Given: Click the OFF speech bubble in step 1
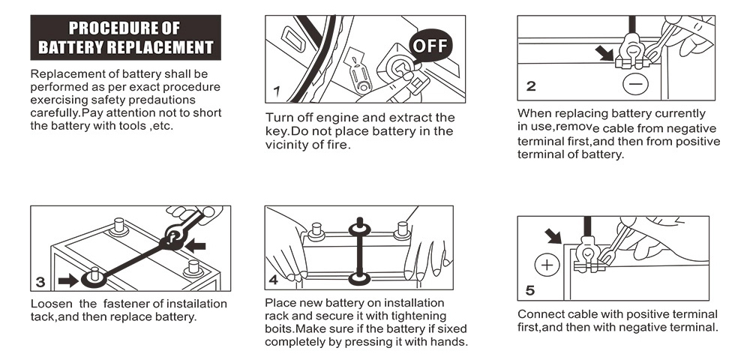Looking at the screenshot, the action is coord(430,47).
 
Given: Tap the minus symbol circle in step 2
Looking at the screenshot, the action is coord(635,84).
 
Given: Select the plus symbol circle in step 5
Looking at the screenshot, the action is coord(547,265).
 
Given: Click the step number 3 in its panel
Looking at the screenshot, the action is coord(40,282).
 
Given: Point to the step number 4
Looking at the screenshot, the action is coord(273,280).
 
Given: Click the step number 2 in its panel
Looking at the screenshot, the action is coord(531,86).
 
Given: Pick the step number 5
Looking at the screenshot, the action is coord(530,289).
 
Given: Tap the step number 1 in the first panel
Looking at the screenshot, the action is coord(276,91).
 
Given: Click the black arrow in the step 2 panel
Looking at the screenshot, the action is coord(604,52).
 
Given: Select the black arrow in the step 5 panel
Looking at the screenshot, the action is coord(553,235).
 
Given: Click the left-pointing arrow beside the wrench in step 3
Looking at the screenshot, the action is coord(195,247).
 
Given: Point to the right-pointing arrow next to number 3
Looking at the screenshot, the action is coord(68,280).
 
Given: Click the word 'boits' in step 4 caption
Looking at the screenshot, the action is coord(278,329).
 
